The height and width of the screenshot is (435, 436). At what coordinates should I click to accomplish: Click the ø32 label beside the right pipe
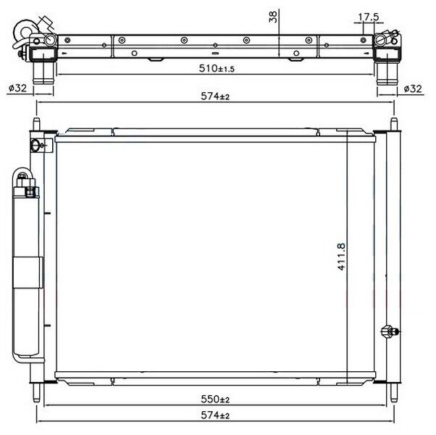(x=412, y=88)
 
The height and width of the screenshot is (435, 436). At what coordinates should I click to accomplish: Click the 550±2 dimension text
(x=215, y=399)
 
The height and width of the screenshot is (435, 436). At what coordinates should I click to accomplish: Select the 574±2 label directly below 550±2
(x=215, y=415)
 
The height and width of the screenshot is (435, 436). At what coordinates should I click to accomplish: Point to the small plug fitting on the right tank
(x=389, y=331)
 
